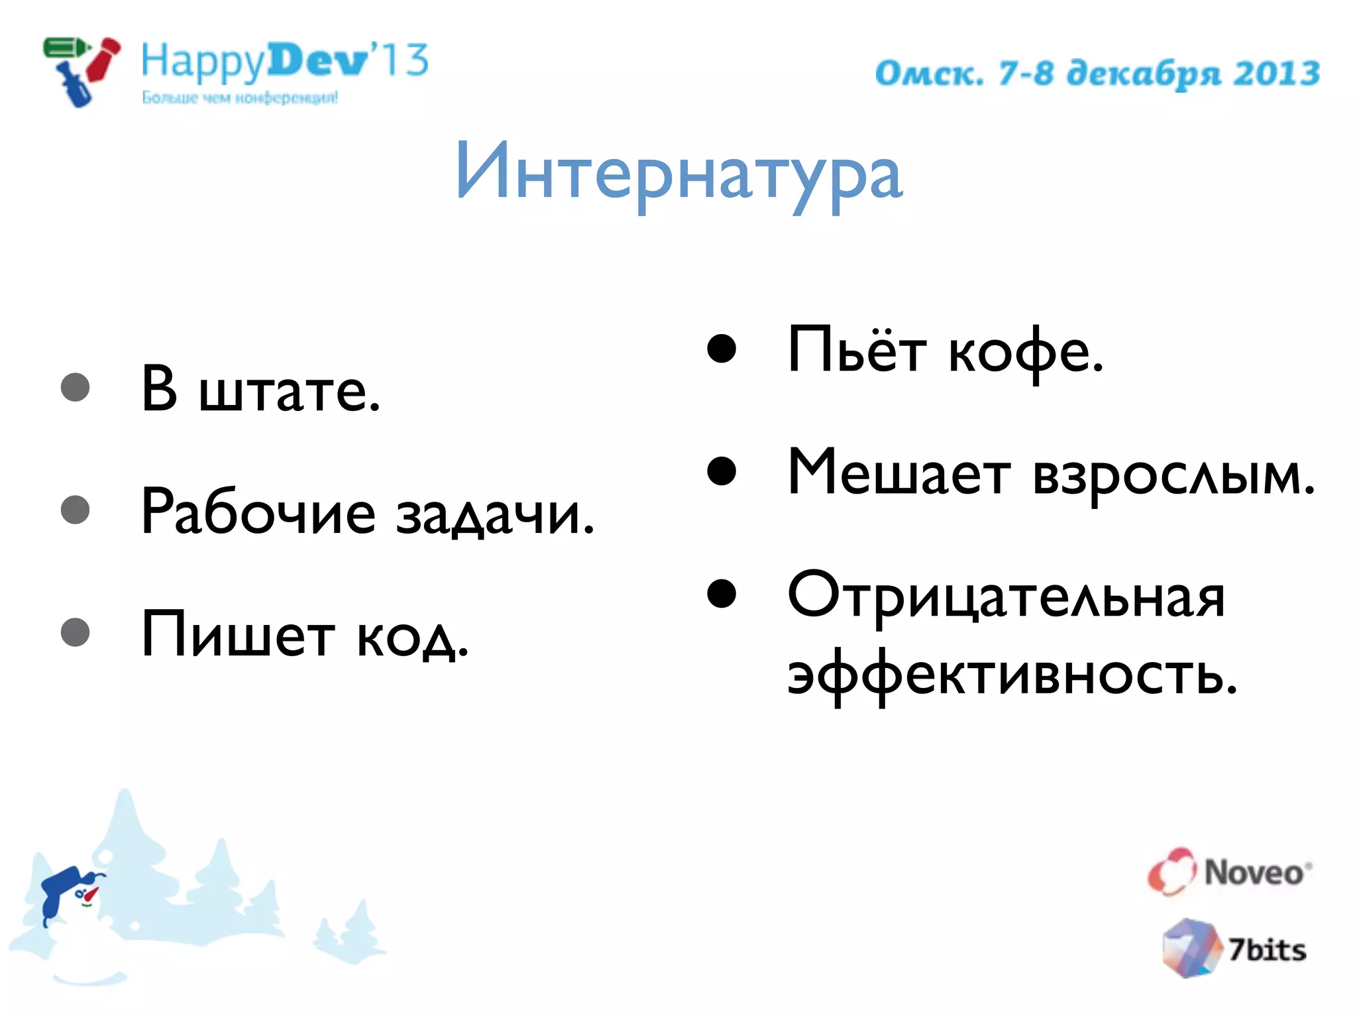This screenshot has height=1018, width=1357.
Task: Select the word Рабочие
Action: tap(258, 514)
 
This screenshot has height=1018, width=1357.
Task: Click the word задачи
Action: tap(494, 516)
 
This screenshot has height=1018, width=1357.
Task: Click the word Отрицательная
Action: tap(1006, 596)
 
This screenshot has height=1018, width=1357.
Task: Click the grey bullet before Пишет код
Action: tap(75, 632)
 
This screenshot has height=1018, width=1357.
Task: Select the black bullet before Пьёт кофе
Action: tap(722, 349)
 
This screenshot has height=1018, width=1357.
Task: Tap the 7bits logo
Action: tap(1234, 948)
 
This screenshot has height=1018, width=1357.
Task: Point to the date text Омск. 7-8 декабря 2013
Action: tap(1097, 74)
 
